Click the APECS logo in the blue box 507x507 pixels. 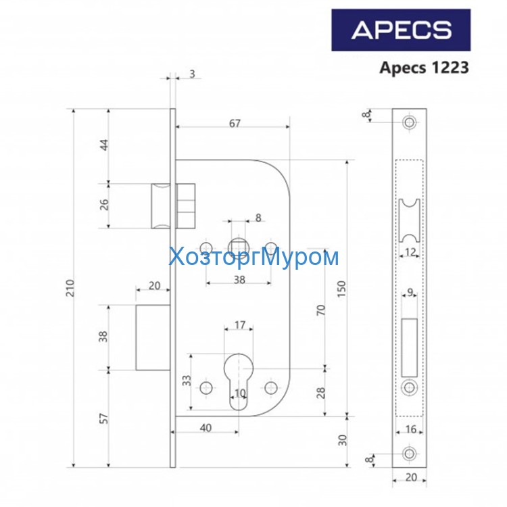401,30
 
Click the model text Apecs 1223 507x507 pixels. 424,68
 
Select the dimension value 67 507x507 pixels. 235,123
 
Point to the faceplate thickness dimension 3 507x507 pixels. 193,74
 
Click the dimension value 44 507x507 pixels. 105,145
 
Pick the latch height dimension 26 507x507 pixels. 105,205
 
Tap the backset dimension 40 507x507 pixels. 206,428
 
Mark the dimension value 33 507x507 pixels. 186,382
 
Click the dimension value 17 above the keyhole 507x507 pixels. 239,325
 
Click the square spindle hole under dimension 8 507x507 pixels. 239,245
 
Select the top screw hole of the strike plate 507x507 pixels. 409,123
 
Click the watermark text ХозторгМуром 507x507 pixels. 253,258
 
